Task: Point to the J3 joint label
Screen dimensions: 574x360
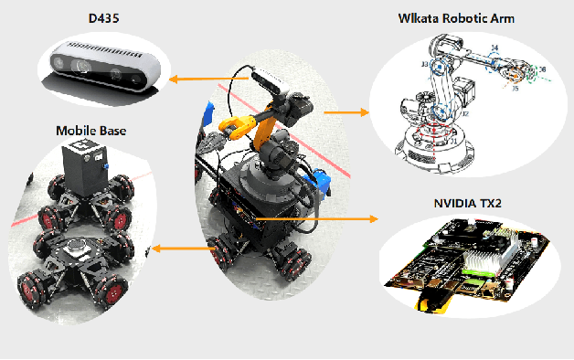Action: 424,65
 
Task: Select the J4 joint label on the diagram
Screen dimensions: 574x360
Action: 494,48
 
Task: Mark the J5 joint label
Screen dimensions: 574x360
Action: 516,89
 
